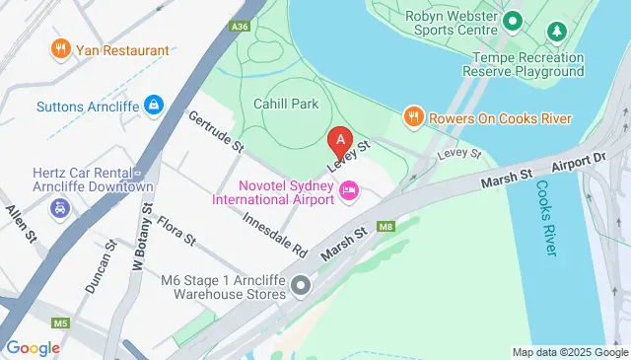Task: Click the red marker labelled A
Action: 341,141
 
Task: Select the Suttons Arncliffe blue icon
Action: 154,104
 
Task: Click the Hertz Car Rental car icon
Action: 61,208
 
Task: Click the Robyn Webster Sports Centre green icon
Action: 513,20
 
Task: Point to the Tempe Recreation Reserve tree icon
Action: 558,33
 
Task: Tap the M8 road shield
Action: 385,228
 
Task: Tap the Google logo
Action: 34,347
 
